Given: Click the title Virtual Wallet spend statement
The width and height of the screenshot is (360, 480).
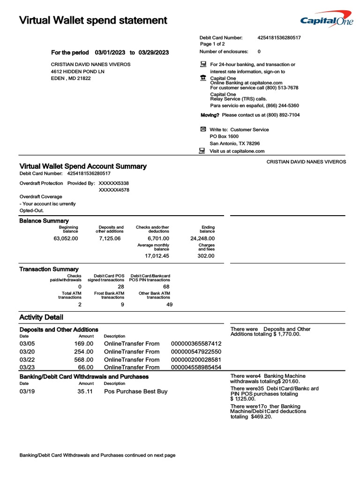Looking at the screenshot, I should click(x=93, y=20).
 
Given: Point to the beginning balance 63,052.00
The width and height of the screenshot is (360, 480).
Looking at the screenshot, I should click(x=66, y=238).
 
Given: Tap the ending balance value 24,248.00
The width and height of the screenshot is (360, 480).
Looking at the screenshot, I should click(x=202, y=238).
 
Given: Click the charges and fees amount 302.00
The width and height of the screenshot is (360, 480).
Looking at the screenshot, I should click(x=206, y=256).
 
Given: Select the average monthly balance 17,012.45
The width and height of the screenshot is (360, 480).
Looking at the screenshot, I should click(x=157, y=256).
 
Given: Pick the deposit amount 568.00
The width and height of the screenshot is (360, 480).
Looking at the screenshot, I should click(x=84, y=360).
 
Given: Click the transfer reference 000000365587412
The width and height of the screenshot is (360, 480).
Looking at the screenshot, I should click(x=196, y=344).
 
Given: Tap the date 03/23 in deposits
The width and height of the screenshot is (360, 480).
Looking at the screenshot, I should click(x=27, y=367).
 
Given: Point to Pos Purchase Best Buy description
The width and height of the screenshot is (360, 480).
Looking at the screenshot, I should click(x=135, y=391).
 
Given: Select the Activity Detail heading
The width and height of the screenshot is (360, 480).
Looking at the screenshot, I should click(x=41, y=317).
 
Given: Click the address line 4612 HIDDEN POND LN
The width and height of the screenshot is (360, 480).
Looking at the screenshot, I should click(x=78, y=71).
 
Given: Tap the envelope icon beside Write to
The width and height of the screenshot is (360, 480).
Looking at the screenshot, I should click(x=203, y=129).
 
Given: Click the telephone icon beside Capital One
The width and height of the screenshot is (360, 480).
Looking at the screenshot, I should click(x=203, y=78).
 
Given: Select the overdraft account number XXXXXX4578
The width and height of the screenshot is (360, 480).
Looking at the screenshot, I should click(x=114, y=190).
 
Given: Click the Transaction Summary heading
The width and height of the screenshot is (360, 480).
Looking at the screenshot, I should click(x=49, y=269).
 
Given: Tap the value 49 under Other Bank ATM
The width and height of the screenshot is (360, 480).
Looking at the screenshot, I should click(x=169, y=304).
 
